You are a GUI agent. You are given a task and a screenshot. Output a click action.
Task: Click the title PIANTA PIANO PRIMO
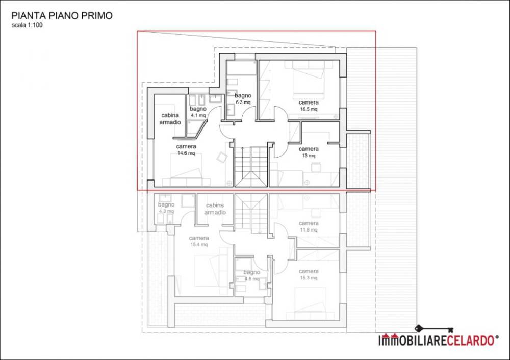pyautogui.click(x=62, y=16)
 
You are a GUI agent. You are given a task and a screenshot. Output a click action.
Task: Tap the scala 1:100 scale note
pyautogui.click(x=27, y=25)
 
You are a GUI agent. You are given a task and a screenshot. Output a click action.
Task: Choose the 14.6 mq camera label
pyautogui.click(x=186, y=149)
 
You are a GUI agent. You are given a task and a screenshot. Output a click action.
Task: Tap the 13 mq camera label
pyautogui.click(x=309, y=152)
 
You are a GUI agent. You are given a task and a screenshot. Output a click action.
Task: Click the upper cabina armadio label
pyautogui.click(x=170, y=119)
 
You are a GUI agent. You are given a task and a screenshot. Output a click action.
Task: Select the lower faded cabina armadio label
pyautogui.click(x=215, y=209)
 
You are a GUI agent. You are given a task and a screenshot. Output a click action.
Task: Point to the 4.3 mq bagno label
pyautogui.click(x=166, y=208)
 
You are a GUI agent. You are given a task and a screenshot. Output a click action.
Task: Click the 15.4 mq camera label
pyautogui.click(x=199, y=241)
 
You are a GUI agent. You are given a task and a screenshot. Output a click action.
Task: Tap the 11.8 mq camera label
pyautogui.click(x=309, y=227)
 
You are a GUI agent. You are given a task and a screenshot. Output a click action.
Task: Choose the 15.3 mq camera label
pyautogui.click(x=309, y=274)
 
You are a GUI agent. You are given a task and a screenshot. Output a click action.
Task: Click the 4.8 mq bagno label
pyautogui.click(x=251, y=275)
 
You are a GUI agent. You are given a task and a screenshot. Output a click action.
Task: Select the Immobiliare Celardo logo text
pyautogui.click(x=438, y=340)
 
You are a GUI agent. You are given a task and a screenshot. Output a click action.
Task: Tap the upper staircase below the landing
pyautogui.click(x=251, y=167)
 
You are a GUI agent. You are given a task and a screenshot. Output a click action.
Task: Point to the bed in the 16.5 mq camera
pyautogui.click(x=309, y=80)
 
